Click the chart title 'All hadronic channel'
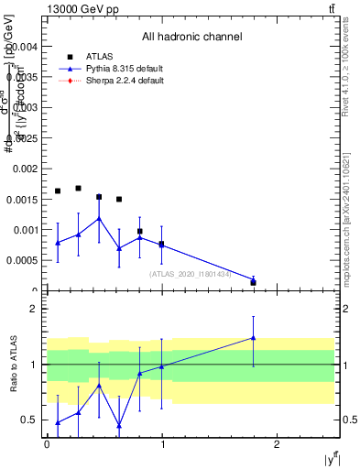tap(191, 38)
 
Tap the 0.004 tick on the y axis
tap(24, 46)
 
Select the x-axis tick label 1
tap(162, 444)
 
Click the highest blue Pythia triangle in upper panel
tap(99, 219)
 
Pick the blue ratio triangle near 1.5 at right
tap(253, 338)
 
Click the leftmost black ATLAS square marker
tap(58, 191)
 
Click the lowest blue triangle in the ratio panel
tap(119, 425)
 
